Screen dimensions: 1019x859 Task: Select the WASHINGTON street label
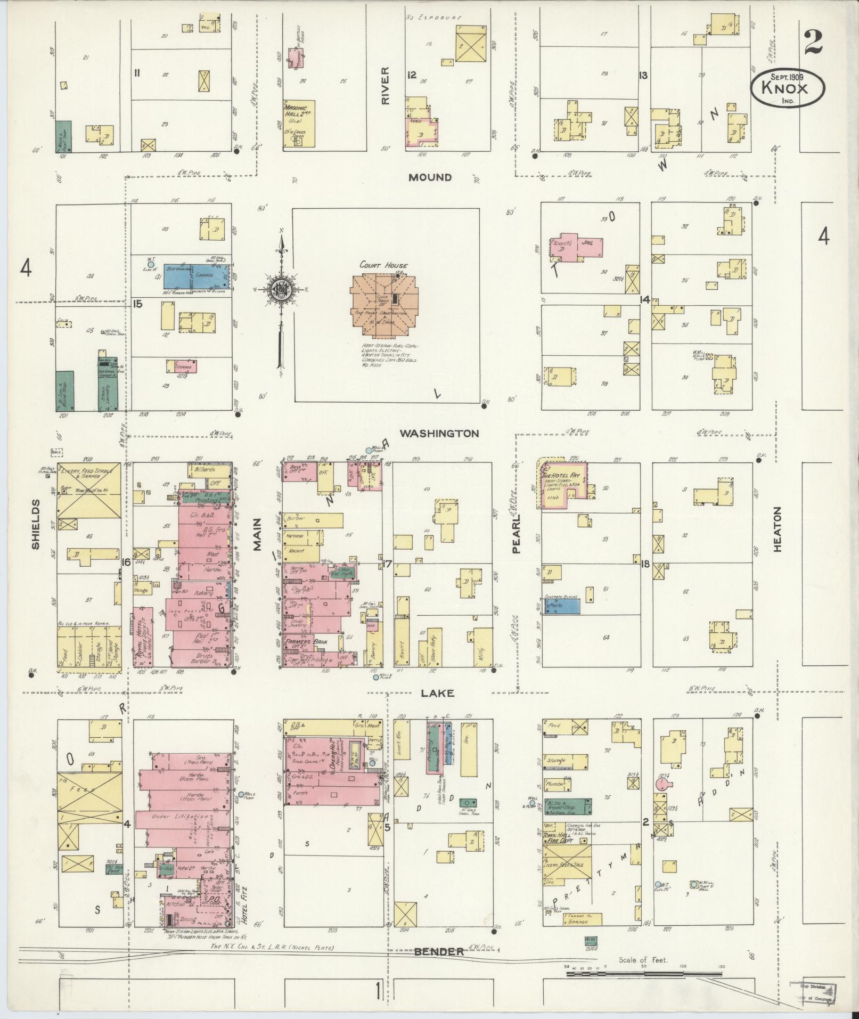pos(439,434)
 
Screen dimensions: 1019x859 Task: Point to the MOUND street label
pos(430,177)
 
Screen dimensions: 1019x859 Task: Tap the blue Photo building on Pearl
pos(561,606)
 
